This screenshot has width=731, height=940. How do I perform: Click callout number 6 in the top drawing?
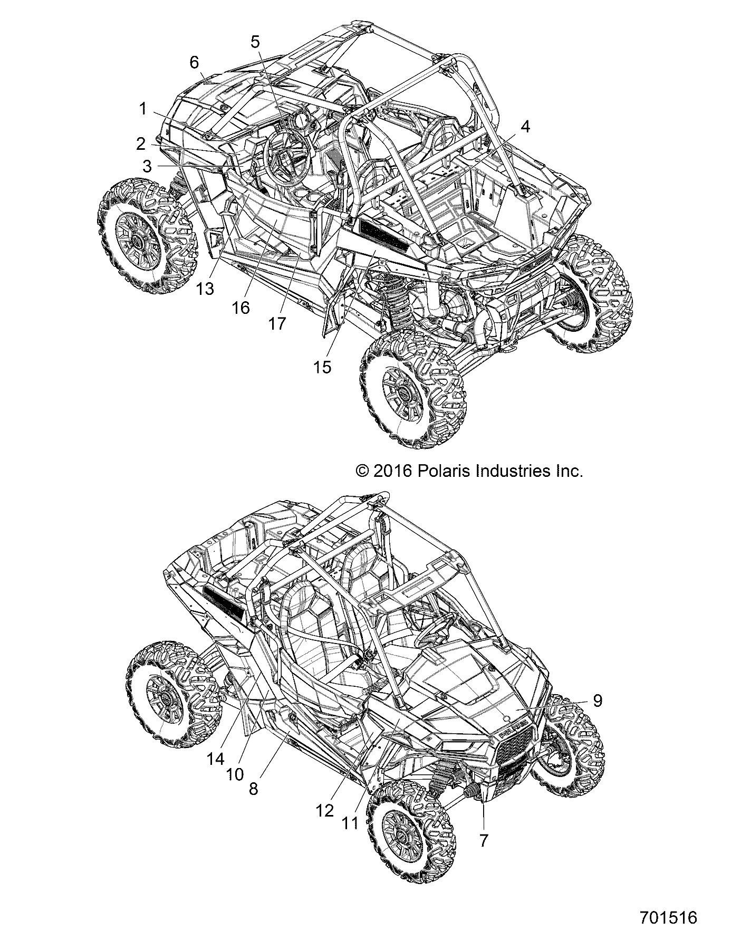tap(194, 63)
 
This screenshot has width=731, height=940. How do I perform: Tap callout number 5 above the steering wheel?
tap(255, 42)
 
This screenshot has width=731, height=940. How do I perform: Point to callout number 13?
tap(206, 289)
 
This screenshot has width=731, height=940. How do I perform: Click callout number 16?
tap(241, 308)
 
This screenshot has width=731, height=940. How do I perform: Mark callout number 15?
tap(322, 367)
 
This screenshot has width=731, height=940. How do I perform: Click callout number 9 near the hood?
tap(597, 701)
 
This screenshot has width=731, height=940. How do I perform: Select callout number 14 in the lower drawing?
tap(216, 759)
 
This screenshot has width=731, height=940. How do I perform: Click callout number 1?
tap(142, 110)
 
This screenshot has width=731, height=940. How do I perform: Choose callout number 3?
tap(147, 167)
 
